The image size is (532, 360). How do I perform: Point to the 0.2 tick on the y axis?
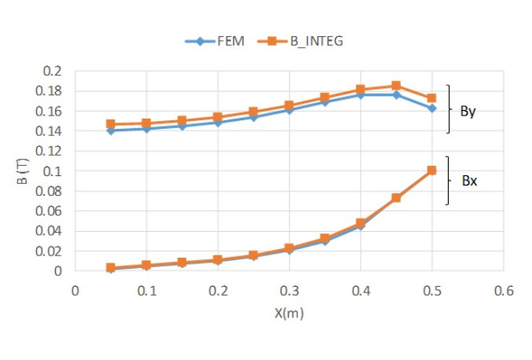coord(52,71)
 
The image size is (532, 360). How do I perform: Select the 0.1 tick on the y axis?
coord(52,171)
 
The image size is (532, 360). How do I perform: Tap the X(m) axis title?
coord(288,313)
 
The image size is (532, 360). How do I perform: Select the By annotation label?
coord(468,111)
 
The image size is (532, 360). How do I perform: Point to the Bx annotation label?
coord(469,181)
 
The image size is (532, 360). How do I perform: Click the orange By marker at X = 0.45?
coord(396,86)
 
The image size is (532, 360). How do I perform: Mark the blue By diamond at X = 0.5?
coord(431,108)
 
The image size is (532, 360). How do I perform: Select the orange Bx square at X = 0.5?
coord(431,170)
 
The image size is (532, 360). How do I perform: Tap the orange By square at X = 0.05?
coord(111,124)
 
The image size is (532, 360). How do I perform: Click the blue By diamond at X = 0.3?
coord(289,110)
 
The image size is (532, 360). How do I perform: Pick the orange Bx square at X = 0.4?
coord(361,223)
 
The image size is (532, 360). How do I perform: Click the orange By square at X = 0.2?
coord(218,117)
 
